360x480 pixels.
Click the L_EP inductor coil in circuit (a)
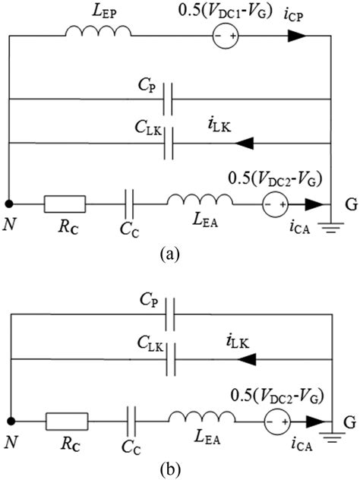point(98,33)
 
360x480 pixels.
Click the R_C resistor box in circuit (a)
point(65,204)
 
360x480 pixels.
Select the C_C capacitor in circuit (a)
point(131,204)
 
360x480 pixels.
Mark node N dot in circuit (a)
point(9,204)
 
